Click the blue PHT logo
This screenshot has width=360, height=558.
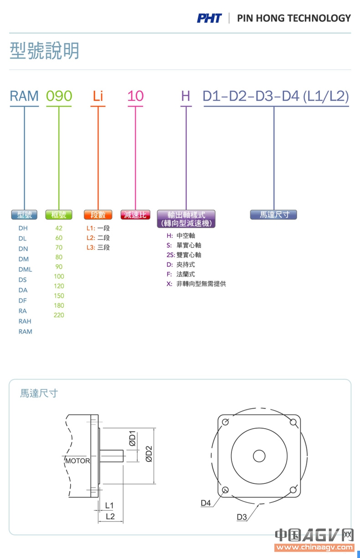(209, 18)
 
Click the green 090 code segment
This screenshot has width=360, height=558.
(59, 96)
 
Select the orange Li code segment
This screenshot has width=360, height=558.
(98, 96)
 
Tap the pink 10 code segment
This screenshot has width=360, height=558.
(135, 96)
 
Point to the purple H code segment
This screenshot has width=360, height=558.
(185, 96)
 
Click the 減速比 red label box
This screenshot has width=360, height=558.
(135, 215)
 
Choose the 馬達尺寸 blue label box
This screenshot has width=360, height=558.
(273, 215)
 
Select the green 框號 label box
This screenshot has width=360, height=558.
(59, 215)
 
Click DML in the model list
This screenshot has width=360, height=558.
(25, 269)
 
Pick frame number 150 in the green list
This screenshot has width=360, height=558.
(59, 296)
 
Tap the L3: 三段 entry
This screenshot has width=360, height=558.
(98, 247)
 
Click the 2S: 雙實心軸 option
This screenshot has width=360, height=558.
(184, 255)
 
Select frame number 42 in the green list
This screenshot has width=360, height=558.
(59, 228)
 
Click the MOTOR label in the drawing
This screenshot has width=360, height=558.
(77, 461)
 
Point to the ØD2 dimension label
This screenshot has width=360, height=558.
(149, 454)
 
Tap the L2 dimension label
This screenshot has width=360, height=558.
(110, 516)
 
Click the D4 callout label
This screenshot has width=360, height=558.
(206, 503)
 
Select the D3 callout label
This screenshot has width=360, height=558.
(242, 517)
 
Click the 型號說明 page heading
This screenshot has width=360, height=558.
(45, 51)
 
